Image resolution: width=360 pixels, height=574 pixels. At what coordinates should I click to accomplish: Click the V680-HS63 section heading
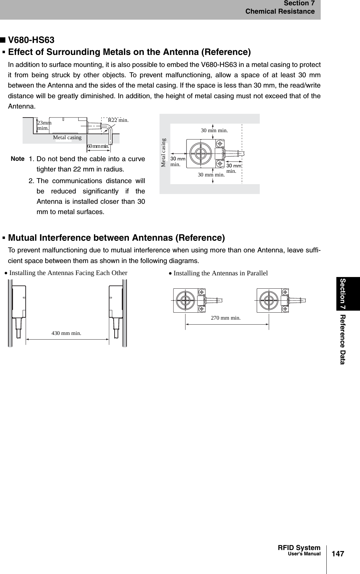point(31,40)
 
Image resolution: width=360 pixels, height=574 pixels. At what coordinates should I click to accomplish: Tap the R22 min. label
point(118,120)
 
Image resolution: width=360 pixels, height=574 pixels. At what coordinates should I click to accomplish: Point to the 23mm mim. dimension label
point(44,125)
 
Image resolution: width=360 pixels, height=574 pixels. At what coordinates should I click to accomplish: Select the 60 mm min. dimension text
point(98,146)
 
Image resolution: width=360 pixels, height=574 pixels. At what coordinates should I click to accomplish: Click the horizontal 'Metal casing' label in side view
point(67,138)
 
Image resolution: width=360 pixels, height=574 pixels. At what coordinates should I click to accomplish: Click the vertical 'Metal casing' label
point(163,152)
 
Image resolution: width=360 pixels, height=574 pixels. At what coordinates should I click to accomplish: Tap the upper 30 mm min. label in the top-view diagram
point(214,131)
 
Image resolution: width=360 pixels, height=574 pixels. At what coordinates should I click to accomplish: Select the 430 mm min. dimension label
point(66,333)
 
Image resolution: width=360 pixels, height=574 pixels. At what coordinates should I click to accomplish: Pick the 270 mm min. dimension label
point(226,318)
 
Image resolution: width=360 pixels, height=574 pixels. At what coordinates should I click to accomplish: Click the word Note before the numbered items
point(17,159)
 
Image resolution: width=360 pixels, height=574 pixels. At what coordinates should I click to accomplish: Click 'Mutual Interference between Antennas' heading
point(116,238)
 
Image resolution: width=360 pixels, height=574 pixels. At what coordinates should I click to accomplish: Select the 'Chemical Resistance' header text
point(280,12)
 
